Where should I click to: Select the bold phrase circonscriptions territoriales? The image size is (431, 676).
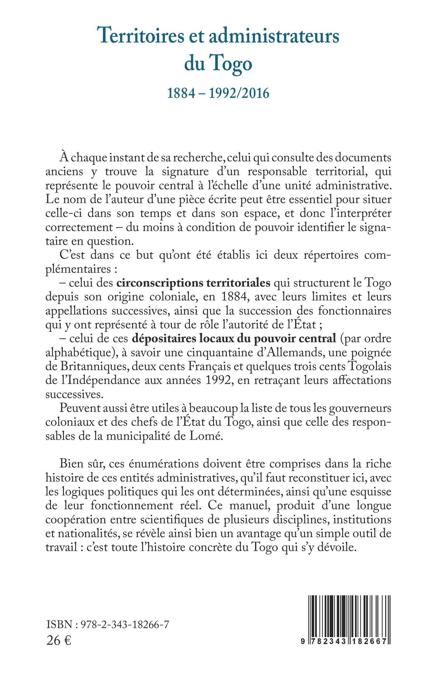click(194, 282)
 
